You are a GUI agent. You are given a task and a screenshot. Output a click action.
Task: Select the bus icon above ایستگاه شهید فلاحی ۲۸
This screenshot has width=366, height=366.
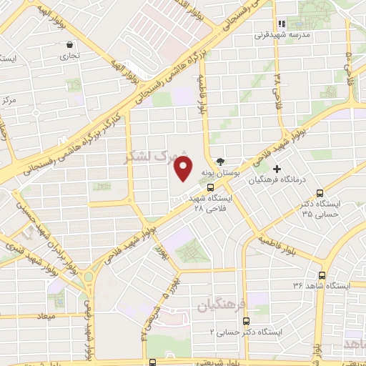[210, 187]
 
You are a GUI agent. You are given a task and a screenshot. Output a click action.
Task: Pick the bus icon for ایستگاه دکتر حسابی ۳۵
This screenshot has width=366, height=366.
[320, 192]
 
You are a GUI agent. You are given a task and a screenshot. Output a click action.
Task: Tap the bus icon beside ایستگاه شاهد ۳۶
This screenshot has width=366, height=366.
[322, 275]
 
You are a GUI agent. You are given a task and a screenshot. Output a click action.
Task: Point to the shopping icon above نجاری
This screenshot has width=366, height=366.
[69, 44]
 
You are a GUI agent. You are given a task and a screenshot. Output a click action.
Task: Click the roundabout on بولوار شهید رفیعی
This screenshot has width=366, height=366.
[88, 277]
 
